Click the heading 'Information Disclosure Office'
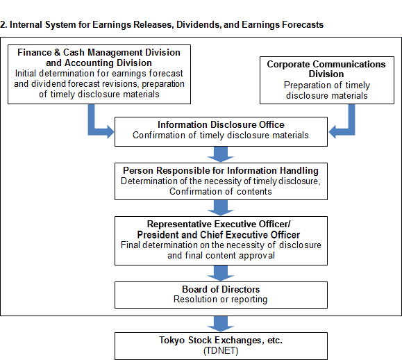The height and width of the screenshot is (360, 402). (221, 124)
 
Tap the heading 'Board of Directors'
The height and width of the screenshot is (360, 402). (221, 289)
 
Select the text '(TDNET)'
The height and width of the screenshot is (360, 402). (221, 350)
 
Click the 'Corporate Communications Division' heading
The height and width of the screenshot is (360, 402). (326, 69)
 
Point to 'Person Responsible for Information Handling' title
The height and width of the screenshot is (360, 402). (221, 171)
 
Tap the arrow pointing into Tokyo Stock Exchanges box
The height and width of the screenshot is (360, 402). (221, 324)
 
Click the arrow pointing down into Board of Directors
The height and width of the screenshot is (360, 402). (221, 273)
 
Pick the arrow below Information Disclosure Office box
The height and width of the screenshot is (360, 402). (221, 154)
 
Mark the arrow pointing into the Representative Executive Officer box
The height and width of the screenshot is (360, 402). (221, 208)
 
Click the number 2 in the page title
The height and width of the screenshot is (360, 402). (3, 24)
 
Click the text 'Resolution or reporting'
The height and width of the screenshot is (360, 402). (221, 300)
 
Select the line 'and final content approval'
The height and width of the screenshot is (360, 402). (221, 256)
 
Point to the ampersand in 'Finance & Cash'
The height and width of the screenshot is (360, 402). (57, 52)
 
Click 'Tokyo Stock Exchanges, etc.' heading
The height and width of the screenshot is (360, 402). (221, 341)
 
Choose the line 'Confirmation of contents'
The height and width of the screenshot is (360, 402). (221, 191)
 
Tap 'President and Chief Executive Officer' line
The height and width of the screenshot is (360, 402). (219, 235)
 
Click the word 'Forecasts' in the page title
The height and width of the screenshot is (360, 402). (303, 24)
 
